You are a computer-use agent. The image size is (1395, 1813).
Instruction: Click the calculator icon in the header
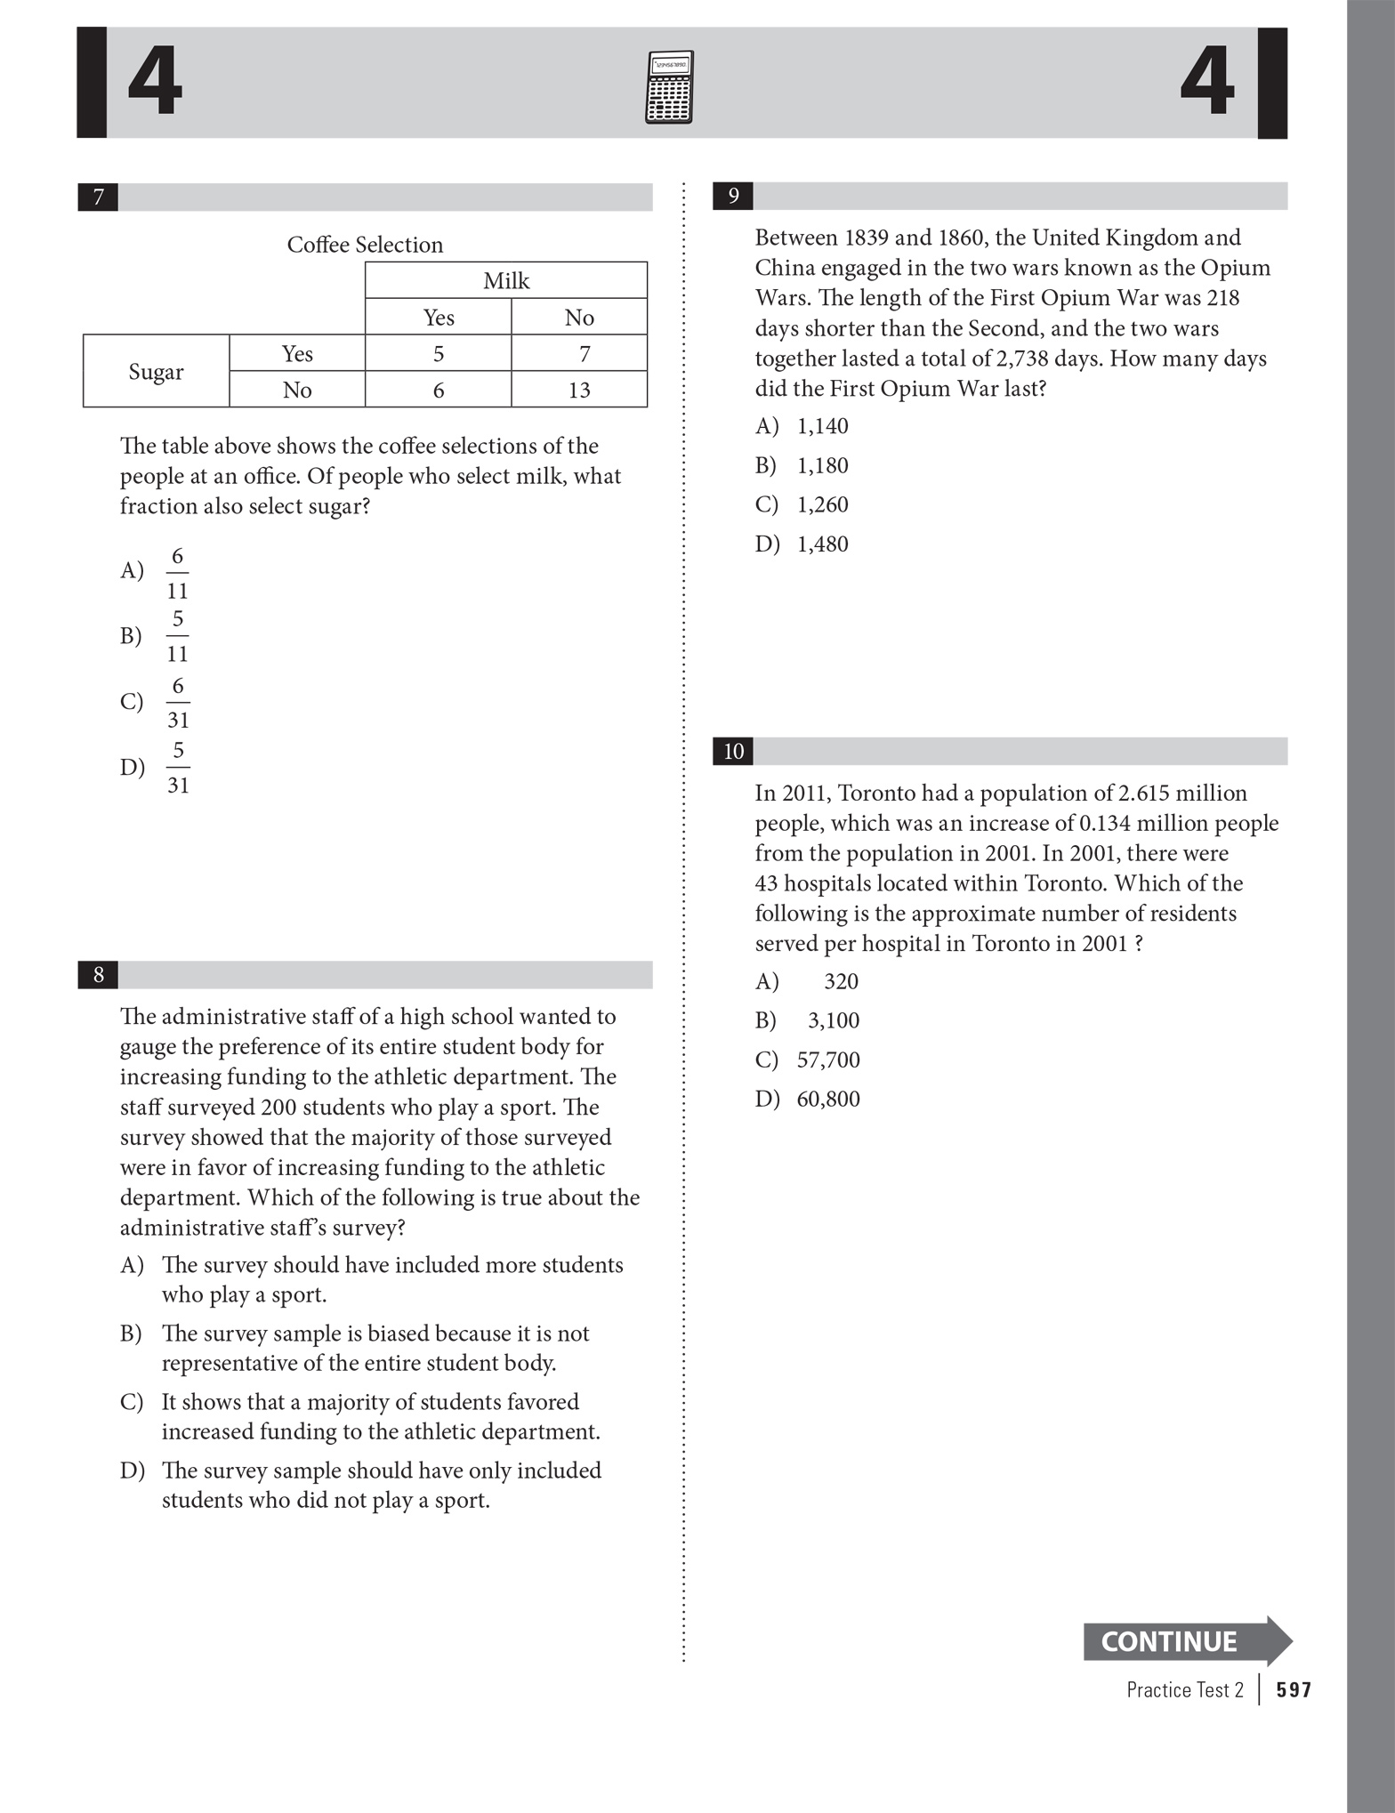click(668, 87)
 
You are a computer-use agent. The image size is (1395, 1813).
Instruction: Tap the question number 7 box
click(98, 197)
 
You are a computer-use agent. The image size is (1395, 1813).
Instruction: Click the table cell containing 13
click(579, 390)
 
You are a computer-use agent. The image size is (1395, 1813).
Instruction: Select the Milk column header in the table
click(505, 281)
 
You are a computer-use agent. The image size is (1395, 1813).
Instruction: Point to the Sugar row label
click(156, 371)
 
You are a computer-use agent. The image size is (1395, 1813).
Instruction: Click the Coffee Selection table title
click(365, 245)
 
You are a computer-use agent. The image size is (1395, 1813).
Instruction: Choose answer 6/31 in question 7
click(178, 702)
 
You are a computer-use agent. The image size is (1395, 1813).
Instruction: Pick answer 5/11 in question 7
click(177, 636)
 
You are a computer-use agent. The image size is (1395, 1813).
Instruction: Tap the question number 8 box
click(98, 975)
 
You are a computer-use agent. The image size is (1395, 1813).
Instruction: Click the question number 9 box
click(733, 196)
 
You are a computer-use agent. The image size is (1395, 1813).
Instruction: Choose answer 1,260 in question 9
click(822, 504)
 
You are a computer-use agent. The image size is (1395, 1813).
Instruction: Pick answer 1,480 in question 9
click(822, 544)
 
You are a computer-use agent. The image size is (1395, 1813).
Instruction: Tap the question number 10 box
click(733, 752)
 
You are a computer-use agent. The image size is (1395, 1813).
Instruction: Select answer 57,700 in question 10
click(827, 1060)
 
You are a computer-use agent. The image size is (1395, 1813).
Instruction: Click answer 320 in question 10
click(840, 981)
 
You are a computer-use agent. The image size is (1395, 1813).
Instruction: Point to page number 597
click(1293, 1690)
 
